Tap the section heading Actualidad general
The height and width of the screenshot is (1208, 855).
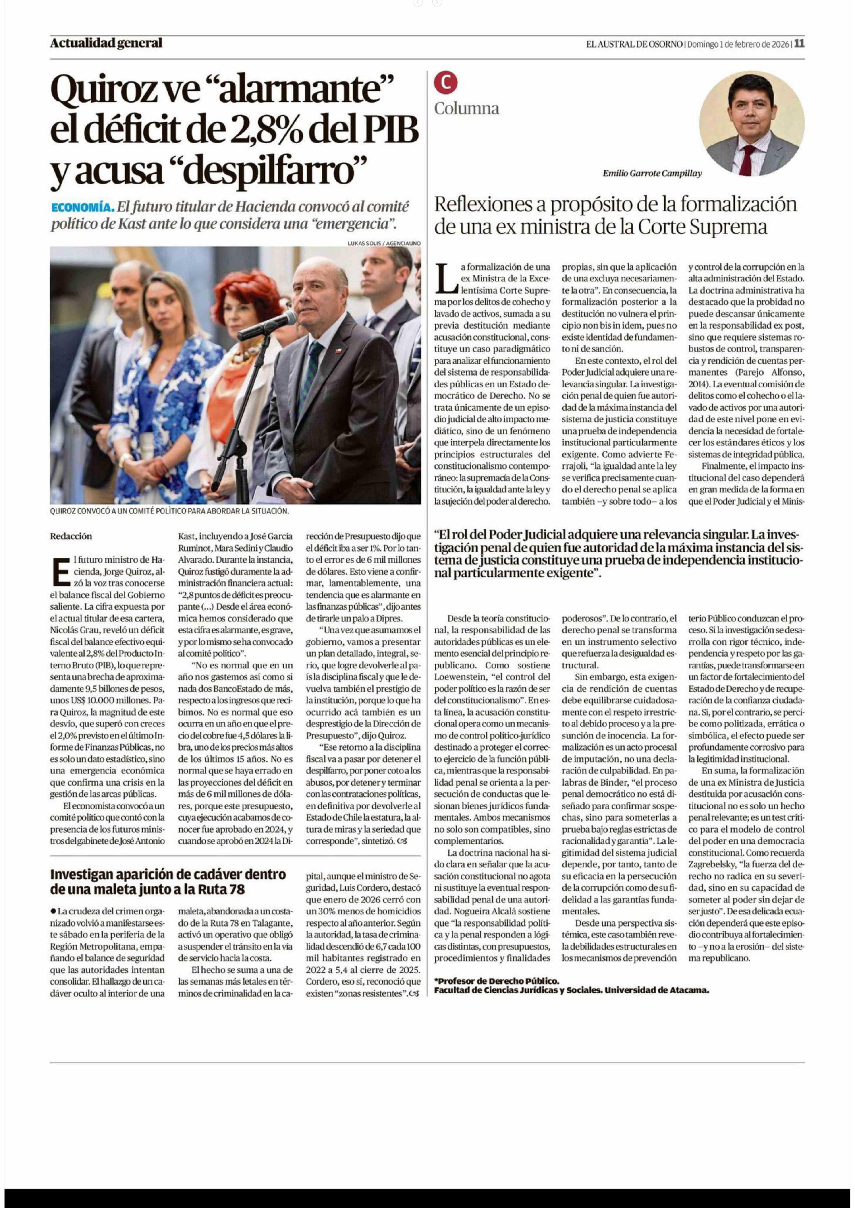[106, 43]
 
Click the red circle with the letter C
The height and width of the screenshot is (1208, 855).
[445, 82]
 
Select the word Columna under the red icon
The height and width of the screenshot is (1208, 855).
[467, 108]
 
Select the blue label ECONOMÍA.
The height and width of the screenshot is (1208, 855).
[83, 207]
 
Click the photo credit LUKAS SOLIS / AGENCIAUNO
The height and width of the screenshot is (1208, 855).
[384, 243]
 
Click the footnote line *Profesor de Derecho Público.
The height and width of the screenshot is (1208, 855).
[496, 981]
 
